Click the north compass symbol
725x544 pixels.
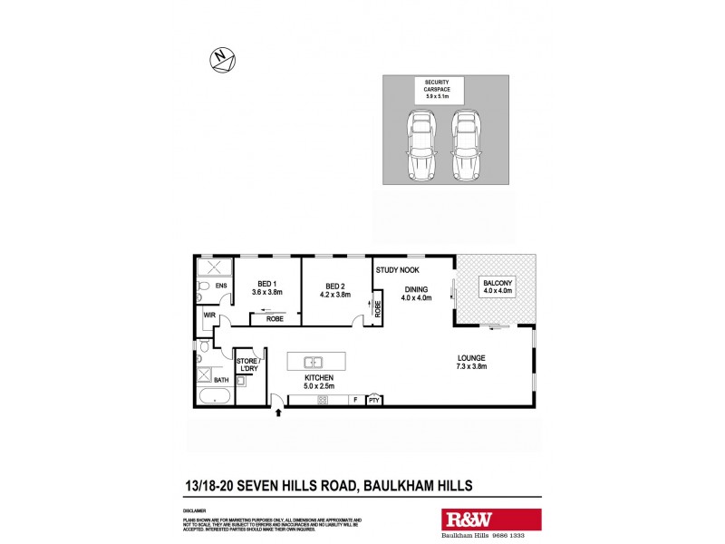click(222, 61)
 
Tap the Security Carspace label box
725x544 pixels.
click(440, 90)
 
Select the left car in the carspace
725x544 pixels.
click(420, 144)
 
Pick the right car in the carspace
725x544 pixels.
click(465, 144)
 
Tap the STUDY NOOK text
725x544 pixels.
click(396, 270)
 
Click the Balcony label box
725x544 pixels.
click(497, 288)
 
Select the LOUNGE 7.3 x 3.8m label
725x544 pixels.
click(472, 364)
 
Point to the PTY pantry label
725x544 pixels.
click(372, 400)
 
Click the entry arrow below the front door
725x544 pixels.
click(278, 414)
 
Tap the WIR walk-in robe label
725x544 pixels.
click(208, 316)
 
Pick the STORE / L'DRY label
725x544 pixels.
click(247, 364)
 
